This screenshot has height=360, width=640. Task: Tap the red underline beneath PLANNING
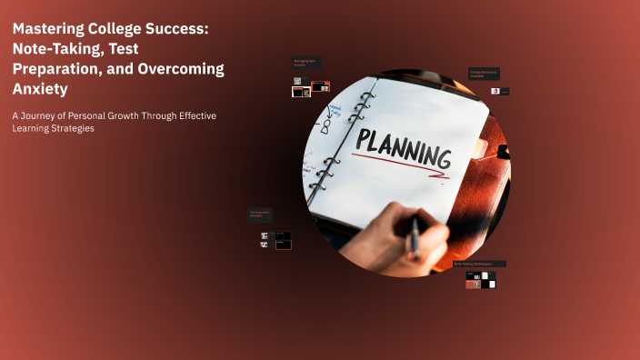[x=400, y=163]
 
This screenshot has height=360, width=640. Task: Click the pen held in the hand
[x=415, y=235]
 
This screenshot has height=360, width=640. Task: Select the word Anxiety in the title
[x=39, y=89]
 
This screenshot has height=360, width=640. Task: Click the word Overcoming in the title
[x=176, y=69]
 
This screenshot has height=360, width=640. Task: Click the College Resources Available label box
[x=484, y=74]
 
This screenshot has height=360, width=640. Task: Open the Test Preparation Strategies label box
[x=260, y=215]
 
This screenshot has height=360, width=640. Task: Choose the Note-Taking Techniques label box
[x=479, y=264]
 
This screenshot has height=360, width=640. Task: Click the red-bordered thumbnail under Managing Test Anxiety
[x=320, y=87]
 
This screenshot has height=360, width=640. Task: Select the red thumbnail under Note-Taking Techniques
[x=473, y=284]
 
